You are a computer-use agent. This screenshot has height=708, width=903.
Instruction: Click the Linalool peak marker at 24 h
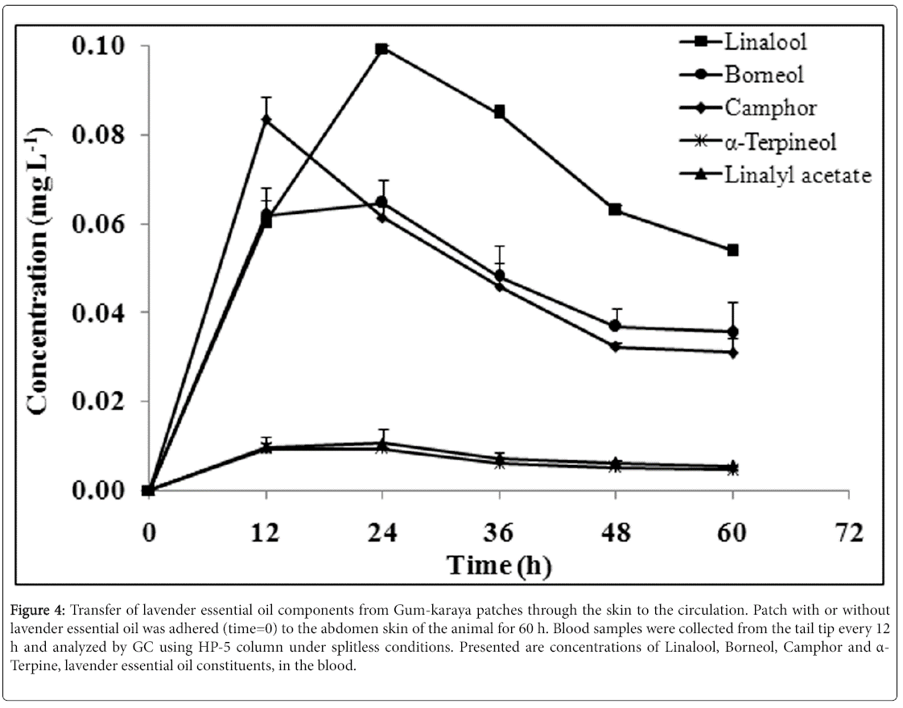(382, 49)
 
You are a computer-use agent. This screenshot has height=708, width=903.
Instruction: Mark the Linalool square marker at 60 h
(732, 250)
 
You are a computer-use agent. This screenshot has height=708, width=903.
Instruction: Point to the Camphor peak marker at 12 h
(266, 119)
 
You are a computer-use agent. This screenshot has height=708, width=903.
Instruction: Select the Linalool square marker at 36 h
(499, 112)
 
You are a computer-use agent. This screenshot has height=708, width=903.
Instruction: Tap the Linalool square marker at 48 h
(615, 209)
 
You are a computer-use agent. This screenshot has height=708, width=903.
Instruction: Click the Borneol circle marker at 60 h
(732, 331)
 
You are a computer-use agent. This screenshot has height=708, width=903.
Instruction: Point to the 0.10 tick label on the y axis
(99, 46)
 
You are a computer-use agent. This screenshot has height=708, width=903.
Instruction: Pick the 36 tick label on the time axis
(499, 532)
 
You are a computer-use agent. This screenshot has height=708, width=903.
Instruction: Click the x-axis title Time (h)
(499, 566)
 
